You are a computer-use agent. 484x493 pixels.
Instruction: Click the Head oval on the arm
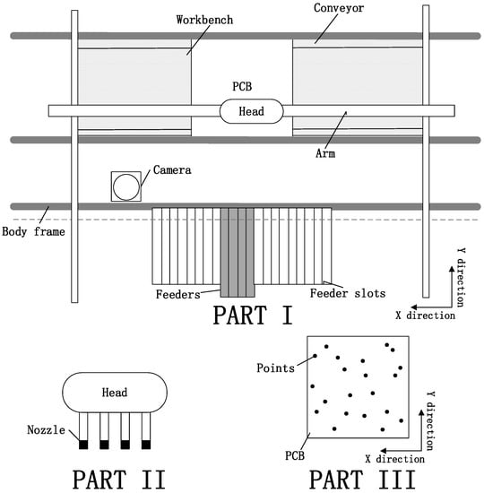pyautogui.click(x=251, y=111)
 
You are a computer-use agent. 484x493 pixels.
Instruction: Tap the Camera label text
pyautogui.click(x=172, y=170)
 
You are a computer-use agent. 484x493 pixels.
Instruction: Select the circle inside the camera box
pyautogui.click(x=126, y=186)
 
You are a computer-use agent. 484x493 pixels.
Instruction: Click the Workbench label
pyautogui.click(x=204, y=20)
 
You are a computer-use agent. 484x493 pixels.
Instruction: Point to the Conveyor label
pyautogui.click(x=339, y=8)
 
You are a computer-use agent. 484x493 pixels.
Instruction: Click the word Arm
pyautogui.click(x=325, y=153)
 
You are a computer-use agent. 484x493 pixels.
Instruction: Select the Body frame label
pyautogui.click(x=33, y=232)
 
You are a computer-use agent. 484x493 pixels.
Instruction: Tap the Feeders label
pyautogui.click(x=178, y=294)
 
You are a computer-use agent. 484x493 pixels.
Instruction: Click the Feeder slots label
pyautogui.click(x=348, y=293)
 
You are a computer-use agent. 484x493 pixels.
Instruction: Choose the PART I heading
pyautogui.click(x=253, y=315)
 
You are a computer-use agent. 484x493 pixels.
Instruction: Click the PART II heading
pyautogui.click(x=119, y=480)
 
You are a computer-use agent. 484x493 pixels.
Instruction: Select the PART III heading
pyautogui.click(x=363, y=480)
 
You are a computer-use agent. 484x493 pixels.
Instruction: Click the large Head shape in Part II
pyautogui.click(x=115, y=393)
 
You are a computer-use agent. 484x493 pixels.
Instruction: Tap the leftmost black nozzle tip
pyautogui.click(x=83, y=445)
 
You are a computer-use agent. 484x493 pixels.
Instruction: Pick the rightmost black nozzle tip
pyautogui.click(x=146, y=445)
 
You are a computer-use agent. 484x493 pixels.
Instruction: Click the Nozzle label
pyautogui.click(x=47, y=429)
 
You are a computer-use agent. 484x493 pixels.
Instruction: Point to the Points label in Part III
pyautogui.click(x=275, y=368)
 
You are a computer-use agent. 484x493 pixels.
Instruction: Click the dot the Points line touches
pyautogui.click(x=315, y=356)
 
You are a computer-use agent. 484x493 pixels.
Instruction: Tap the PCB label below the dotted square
pyautogui.click(x=295, y=455)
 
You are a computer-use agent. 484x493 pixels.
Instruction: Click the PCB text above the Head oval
pyautogui.click(x=242, y=86)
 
